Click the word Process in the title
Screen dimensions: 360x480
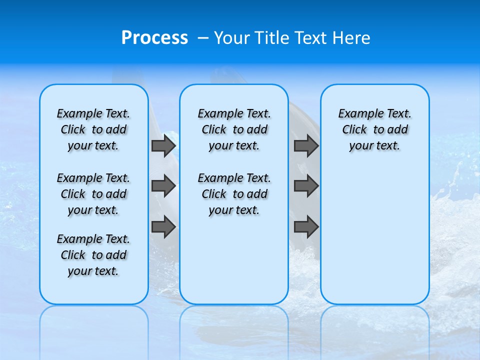[154, 38]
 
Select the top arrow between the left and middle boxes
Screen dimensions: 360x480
[163, 145]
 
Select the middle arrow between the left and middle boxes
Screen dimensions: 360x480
[163, 186]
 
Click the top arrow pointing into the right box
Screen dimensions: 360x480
[306, 145]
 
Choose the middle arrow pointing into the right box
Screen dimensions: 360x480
[306, 186]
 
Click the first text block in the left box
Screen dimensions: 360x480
[93, 129]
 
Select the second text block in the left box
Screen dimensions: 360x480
[93, 194]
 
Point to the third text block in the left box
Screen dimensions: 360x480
[93, 255]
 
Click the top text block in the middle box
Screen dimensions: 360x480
[234, 129]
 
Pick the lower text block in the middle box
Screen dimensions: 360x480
[234, 194]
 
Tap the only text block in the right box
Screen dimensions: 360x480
[374, 129]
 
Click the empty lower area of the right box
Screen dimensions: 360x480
[374, 235]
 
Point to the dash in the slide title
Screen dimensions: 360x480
[202, 38]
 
